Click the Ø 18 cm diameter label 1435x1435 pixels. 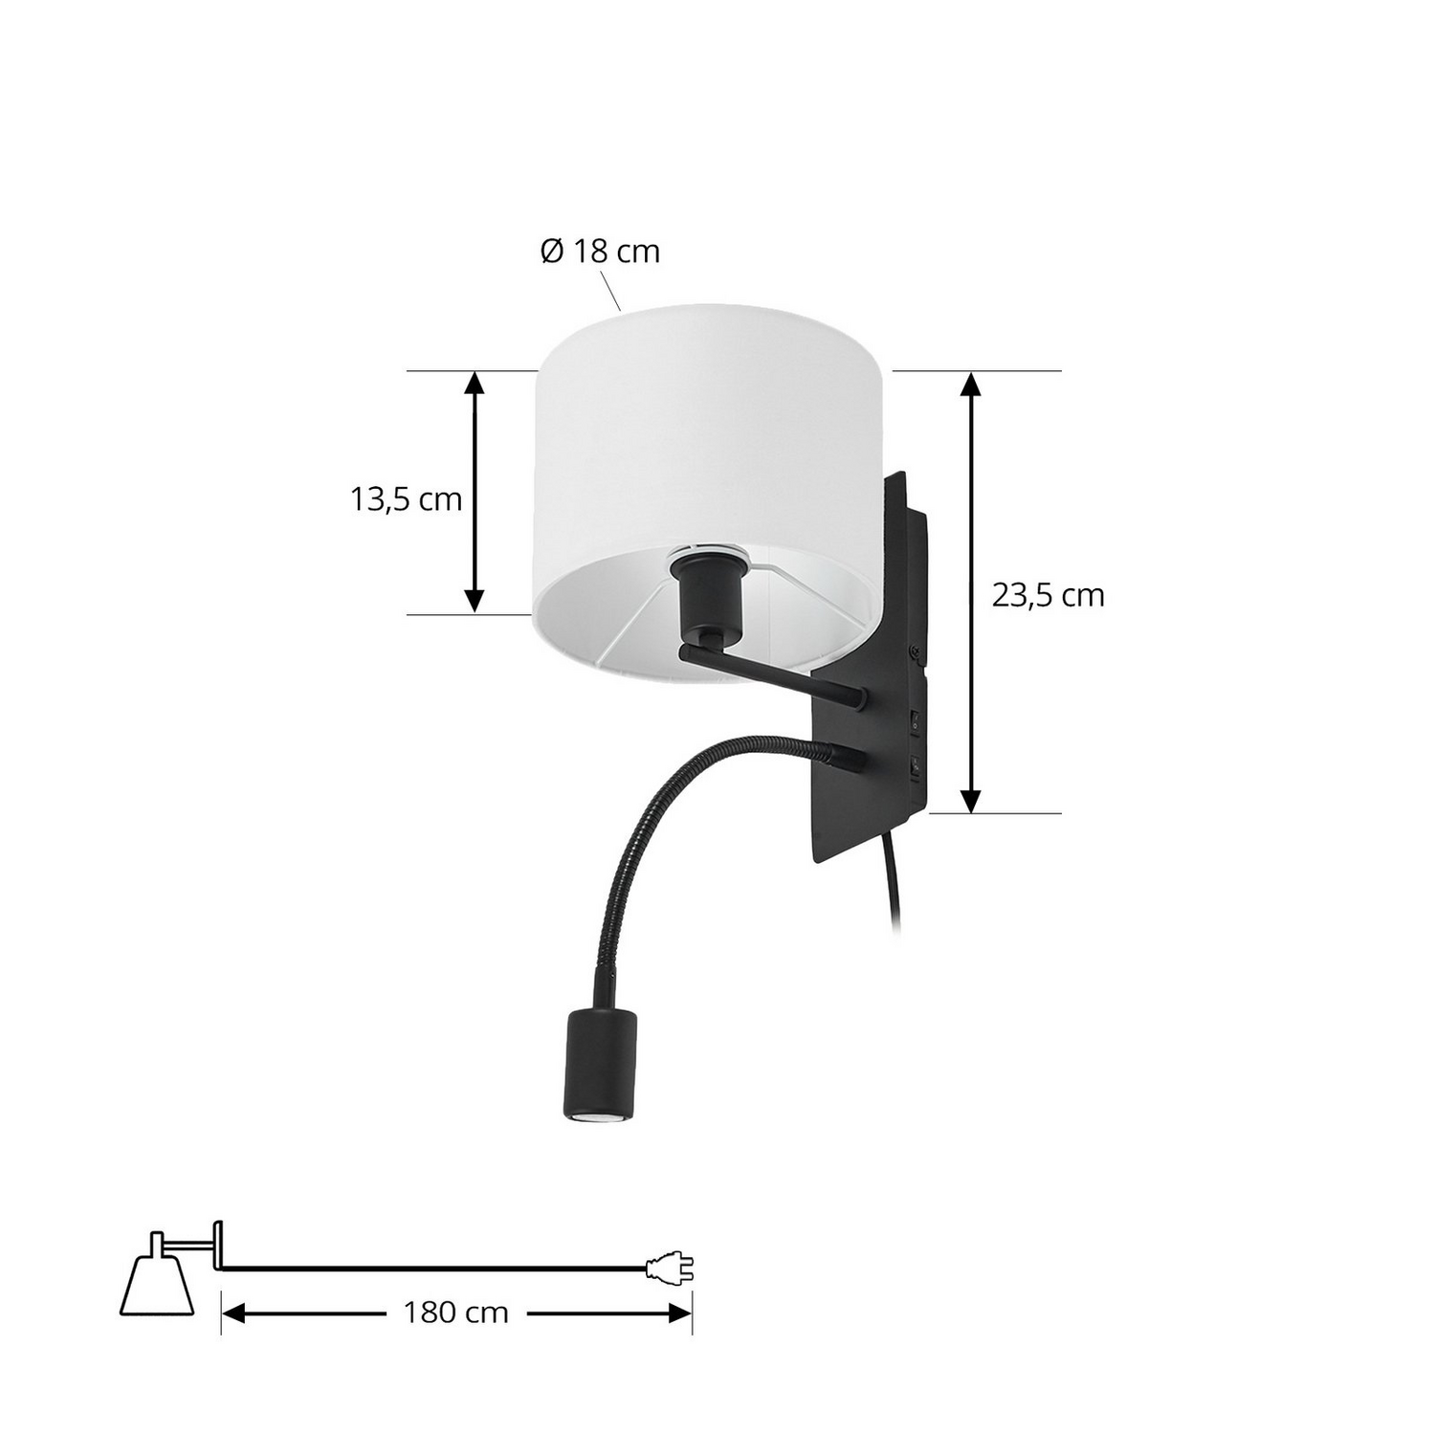click(x=600, y=251)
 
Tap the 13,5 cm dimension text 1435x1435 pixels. click(x=407, y=498)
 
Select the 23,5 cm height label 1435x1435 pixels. click(x=1048, y=595)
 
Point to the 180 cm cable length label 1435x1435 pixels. click(x=454, y=1312)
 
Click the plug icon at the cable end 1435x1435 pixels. click(x=670, y=1269)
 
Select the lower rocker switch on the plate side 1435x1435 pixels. click(x=916, y=765)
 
